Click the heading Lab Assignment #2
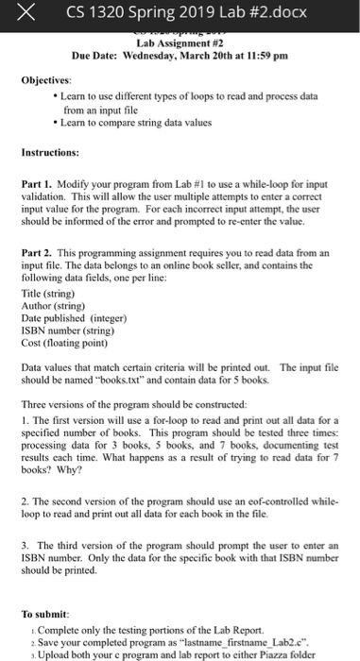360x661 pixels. coord(180,43)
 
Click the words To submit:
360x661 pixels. coord(43,612)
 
